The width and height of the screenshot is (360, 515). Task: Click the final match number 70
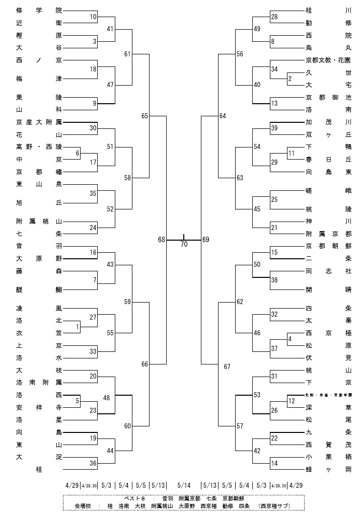coord(183,244)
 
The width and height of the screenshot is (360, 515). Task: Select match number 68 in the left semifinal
coord(162,240)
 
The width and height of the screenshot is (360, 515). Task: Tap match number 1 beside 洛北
coord(78,327)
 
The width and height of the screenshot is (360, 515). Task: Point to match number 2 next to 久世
coord(290,79)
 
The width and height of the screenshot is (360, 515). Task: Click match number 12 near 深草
coord(292,401)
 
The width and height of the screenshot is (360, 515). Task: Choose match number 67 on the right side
coord(227,366)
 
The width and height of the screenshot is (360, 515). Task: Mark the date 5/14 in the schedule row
coord(184,486)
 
